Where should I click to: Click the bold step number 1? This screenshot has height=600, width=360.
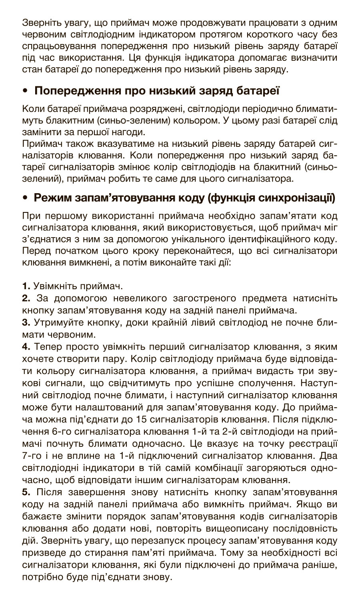(26, 286)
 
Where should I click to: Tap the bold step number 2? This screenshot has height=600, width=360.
(26, 298)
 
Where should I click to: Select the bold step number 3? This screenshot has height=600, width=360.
(26, 322)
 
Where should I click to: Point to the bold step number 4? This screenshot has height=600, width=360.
(26, 346)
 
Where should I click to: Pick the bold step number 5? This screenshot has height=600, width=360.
(26, 492)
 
